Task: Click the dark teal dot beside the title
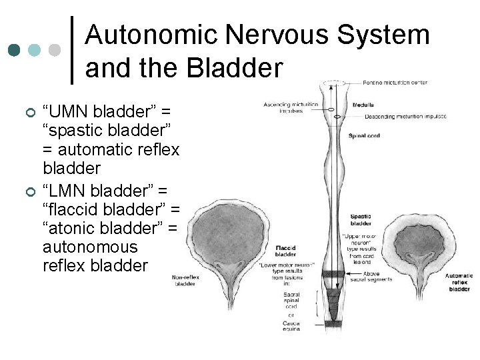pyautogui.click(x=13, y=50)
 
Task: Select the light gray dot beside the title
pyautogui.click(x=55, y=50)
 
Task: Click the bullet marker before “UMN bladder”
pyautogui.click(x=29, y=110)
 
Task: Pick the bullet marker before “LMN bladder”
pyautogui.click(x=29, y=191)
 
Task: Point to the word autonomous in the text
pyautogui.click(x=90, y=247)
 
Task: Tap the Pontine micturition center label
pyautogui.click(x=395, y=83)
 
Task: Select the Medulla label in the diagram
pyautogui.click(x=363, y=105)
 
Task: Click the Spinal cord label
pyautogui.click(x=364, y=136)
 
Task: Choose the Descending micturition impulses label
pyautogui.click(x=405, y=117)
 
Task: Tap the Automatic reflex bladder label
pyautogui.click(x=459, y=282)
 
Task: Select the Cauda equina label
pyautogui.click(x=291, y=326)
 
